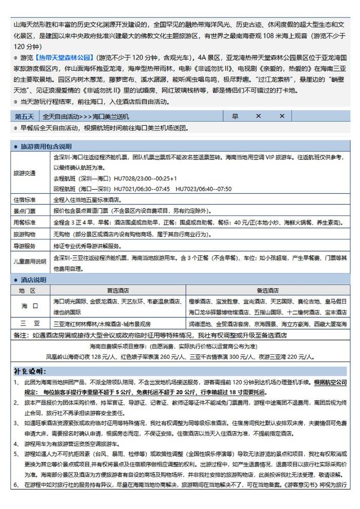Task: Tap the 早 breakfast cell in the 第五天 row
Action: (x=235, y=116)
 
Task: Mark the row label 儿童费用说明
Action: (x=30, y=261)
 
